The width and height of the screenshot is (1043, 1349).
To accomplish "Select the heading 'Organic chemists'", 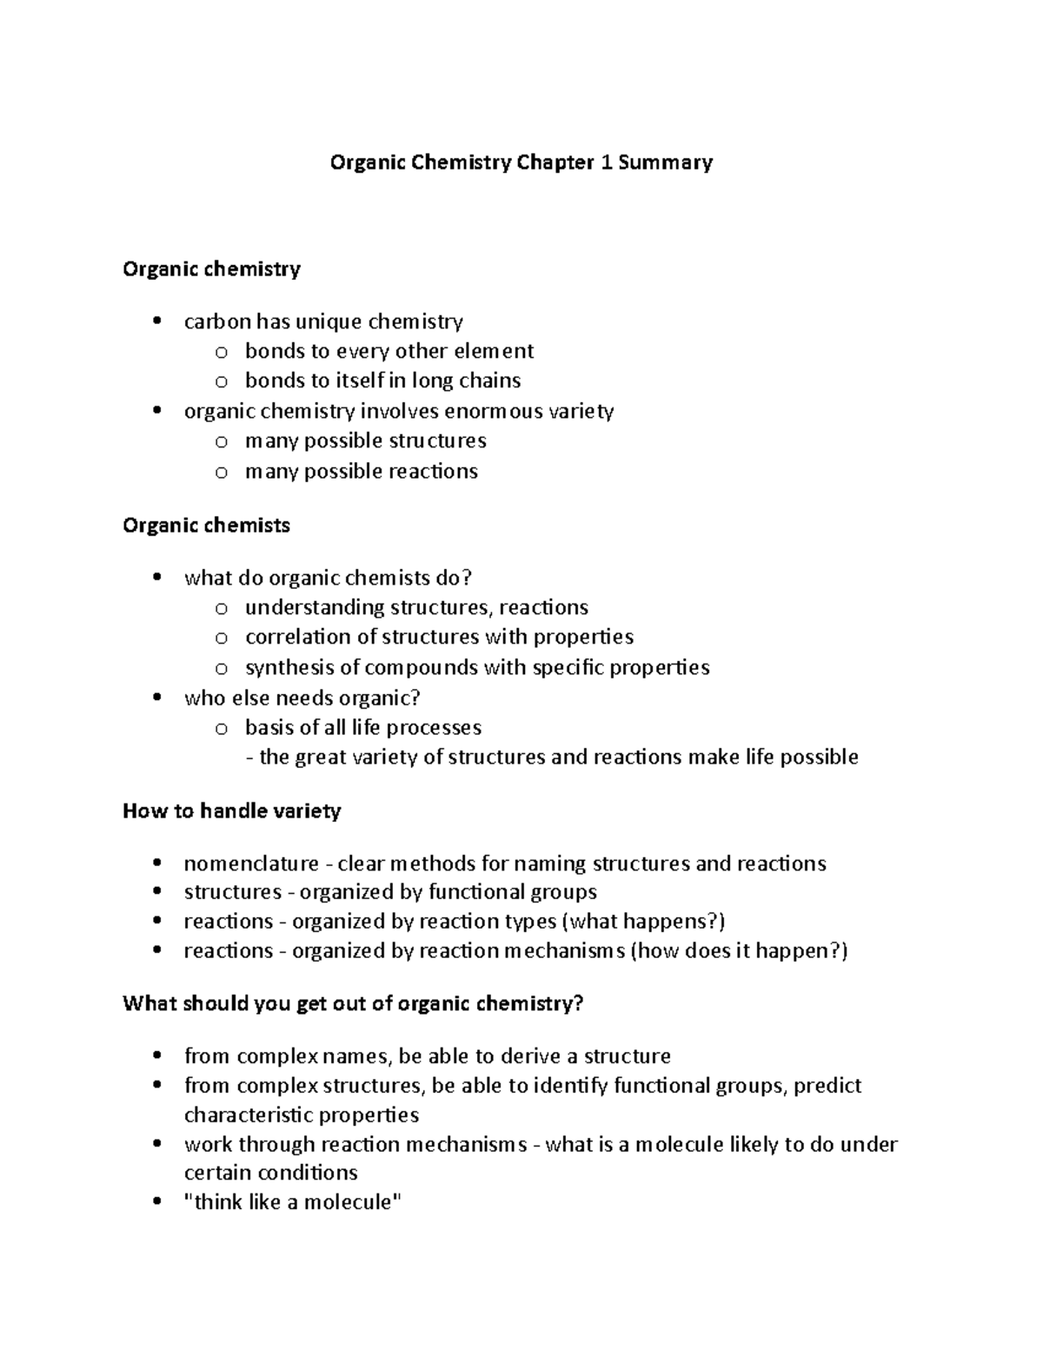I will pos(206,526).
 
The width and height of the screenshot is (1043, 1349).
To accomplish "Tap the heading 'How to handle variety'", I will pos(231,811).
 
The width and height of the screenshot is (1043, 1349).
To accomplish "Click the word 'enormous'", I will pos(463,411).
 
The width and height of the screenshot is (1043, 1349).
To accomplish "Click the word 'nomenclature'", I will pos(250,863).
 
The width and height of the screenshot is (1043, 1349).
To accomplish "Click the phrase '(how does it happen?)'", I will pos(739,950).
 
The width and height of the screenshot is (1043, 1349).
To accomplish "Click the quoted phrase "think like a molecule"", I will pos(293,1202).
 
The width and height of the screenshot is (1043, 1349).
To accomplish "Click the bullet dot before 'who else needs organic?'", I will pos(156,698).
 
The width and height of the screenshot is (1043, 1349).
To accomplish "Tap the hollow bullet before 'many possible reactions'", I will pos(222,472).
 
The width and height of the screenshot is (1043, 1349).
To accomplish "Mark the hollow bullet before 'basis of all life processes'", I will pos(222,728).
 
